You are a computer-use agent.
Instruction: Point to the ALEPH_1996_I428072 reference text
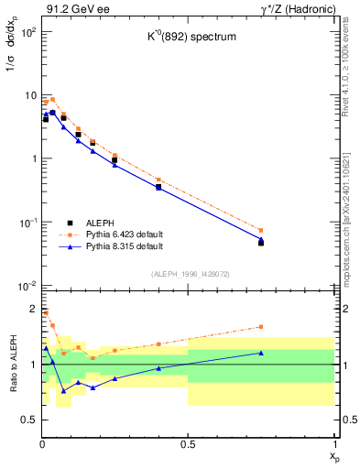[188, 274]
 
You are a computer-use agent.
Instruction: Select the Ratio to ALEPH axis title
[13, 365]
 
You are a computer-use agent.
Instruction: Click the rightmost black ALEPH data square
[261, 243]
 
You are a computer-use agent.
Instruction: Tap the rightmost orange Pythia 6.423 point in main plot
[261, 231]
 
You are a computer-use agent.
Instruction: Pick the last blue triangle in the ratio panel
[261, 353]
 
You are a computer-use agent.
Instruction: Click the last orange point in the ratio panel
[261, 326]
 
